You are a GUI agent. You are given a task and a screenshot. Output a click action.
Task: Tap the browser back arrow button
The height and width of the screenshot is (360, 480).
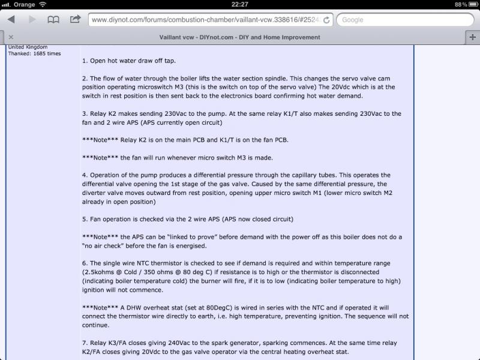tap(11, 19)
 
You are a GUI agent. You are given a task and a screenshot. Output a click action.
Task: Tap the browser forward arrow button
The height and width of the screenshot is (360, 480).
tap(31, 19)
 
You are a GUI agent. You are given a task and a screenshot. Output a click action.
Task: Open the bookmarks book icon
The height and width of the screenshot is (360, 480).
tap(53, 19)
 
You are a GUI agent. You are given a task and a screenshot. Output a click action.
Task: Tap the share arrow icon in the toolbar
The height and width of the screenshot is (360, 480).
tap(75, 19)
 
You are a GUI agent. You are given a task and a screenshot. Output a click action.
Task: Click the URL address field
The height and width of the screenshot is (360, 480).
tap(204, 20)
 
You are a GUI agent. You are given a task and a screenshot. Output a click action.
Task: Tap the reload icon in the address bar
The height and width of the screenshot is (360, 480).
tap(326, 20)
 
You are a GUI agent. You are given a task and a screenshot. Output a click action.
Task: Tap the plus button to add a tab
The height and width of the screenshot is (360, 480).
tap(473, 37)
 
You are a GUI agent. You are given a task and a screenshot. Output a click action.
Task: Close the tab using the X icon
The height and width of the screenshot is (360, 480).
tap(11, 37)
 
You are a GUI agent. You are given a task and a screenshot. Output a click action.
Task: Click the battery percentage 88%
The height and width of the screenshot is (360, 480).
tap(461, 4)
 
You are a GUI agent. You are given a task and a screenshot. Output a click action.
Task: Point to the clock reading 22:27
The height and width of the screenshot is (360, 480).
tap(240, 4)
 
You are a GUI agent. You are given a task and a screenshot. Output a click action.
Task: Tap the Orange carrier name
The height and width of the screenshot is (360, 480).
tap(25, 4)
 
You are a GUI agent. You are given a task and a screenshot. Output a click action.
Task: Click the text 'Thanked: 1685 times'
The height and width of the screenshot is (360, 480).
tap(34, 53)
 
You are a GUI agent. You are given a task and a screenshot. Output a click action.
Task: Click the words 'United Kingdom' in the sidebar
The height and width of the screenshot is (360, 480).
tap(28, 47)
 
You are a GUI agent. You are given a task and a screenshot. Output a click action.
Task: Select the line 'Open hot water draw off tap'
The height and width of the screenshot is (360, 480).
tap(133, 61)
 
